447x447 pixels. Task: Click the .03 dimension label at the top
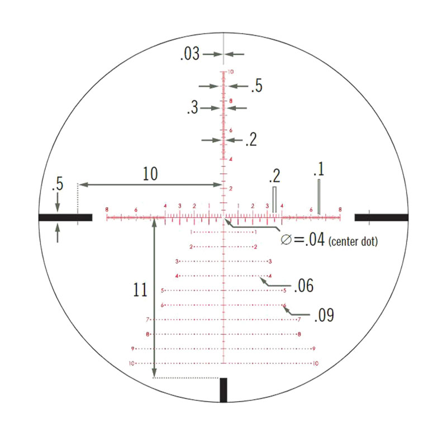189,54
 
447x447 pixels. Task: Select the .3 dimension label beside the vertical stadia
192,108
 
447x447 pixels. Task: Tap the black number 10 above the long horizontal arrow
150,174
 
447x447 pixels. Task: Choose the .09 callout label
324,316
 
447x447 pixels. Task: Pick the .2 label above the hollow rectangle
274,177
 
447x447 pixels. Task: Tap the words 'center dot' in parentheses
354,241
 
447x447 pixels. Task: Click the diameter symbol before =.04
286,240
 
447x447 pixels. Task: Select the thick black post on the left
65,217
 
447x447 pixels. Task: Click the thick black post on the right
381,217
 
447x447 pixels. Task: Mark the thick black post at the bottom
223,389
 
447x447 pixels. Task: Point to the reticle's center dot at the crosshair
224,217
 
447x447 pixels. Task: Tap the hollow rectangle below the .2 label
274,199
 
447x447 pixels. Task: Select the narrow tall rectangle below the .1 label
318,196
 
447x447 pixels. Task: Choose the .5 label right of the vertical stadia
256,86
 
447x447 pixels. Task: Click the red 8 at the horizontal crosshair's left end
107,210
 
